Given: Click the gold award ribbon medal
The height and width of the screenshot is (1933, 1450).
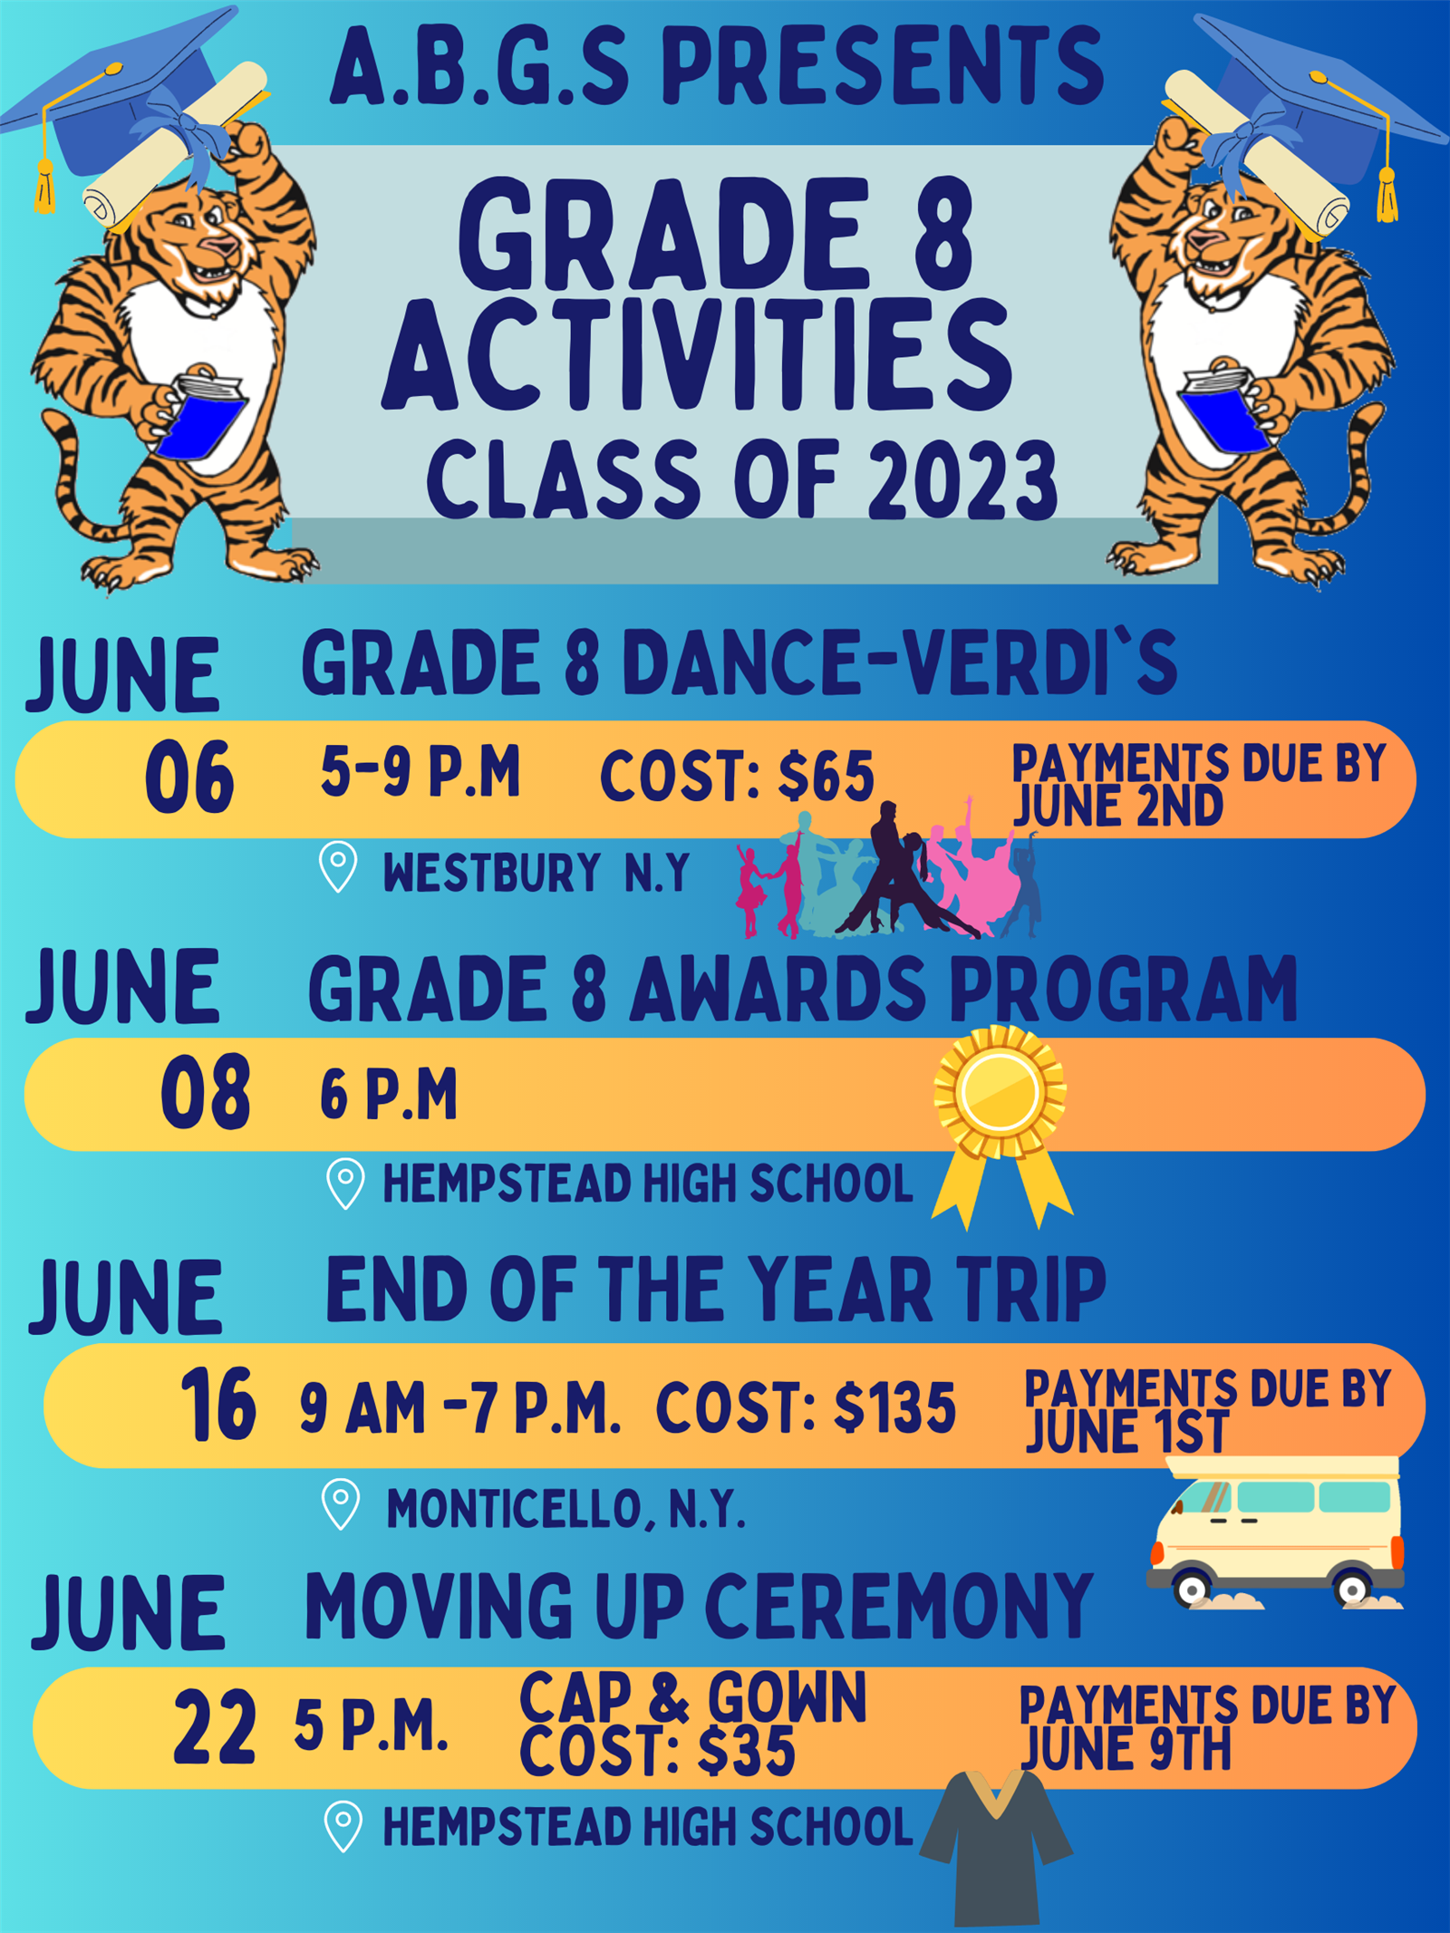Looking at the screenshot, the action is [x=1001, y=1124].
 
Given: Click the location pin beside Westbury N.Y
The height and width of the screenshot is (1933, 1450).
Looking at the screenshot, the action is [x=339, y=866].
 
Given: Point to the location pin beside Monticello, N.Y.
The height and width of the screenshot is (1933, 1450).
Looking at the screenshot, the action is [x=342, y=1504].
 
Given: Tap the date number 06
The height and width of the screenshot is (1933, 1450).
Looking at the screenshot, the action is [x=189, y=777].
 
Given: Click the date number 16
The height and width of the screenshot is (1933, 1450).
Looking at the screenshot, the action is [x=217, y=1405].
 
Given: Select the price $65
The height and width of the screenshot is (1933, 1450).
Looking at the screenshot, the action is [x=826, y=777].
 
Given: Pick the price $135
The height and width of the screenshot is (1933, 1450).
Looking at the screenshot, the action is [x=894, y=1408].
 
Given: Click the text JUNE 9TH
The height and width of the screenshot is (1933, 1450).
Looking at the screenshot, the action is [x=1126, y=1749].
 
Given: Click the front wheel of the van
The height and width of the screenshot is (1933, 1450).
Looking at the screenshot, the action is [x=1192, y=1588].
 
